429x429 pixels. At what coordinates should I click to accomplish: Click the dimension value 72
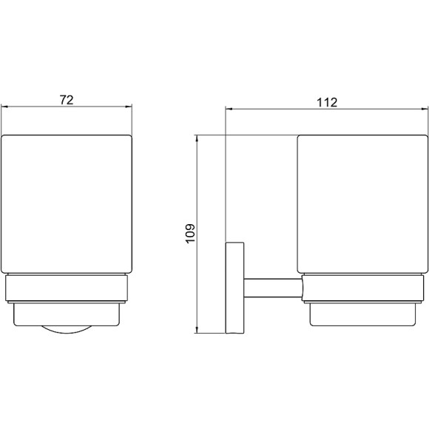[x=67, y=100]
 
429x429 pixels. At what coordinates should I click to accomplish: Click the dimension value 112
[x=327, y=103]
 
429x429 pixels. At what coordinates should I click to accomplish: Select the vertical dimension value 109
[x=190, y=234]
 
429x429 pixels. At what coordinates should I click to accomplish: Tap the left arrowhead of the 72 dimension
[x=4, y=107]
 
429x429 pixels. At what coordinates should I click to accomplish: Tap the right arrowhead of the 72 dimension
[x=129, y=107]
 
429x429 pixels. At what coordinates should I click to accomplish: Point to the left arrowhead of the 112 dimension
[x=229, y=109]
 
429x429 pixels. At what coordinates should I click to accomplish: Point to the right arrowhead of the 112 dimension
[x=425, y=109]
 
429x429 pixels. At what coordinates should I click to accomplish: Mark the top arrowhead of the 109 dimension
[x=197, y=139]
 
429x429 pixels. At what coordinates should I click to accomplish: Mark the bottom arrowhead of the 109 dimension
[x=197, y=330]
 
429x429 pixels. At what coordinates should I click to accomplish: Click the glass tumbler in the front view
[x=67, y=204]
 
